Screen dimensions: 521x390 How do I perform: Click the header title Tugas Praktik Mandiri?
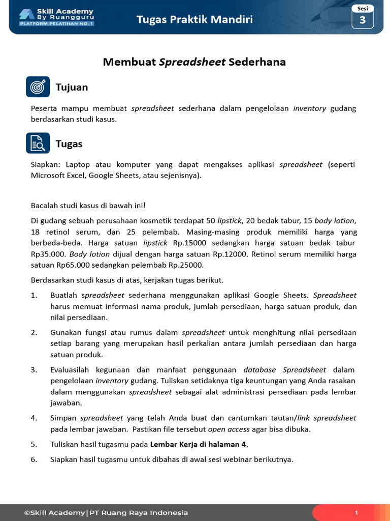(x=194, y=20)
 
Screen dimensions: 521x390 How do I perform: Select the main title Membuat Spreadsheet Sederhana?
(x=194, y=62)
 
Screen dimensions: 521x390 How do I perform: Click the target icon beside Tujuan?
(x=38, y=87)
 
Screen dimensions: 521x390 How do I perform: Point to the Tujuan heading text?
(x=72, y=88)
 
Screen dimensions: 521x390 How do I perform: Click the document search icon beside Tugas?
(x=38, y=143)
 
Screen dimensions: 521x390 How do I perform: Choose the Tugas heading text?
(x=69, y=144)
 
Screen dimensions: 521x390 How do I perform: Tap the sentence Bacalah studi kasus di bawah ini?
(x=88, y=206)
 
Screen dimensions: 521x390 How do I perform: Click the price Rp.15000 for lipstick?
(x=189, y=243)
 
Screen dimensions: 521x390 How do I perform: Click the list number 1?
(x=34, y=296)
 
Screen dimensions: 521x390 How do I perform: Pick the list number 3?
(x=34, y=370)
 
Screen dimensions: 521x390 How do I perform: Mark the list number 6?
(x=34, y=459)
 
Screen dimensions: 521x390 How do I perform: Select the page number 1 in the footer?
(x=356, y=513)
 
